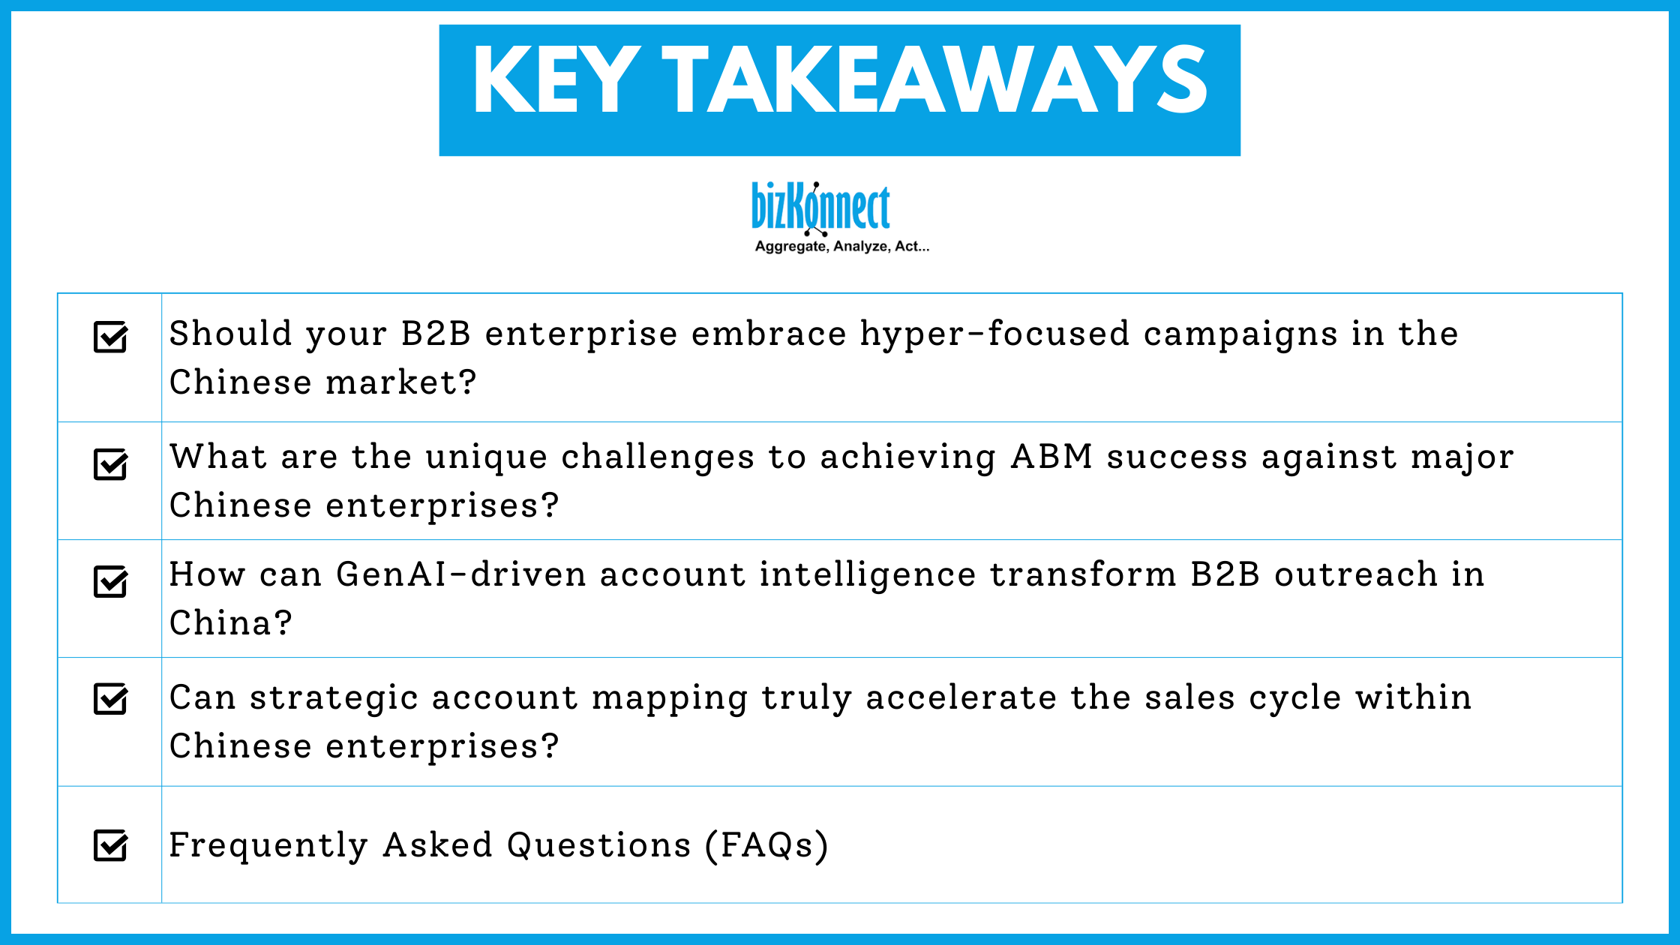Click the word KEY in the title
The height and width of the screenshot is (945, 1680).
(556, 80)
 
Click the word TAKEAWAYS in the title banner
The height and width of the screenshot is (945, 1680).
(934, 80)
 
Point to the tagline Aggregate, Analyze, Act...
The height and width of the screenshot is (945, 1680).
(841, 247)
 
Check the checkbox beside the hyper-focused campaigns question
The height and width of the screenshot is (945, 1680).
(110, 337)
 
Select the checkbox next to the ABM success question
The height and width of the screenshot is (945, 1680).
(110, 464)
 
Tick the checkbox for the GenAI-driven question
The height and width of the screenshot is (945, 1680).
(110, 582)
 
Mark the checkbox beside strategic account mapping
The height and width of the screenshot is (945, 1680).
(110, 699)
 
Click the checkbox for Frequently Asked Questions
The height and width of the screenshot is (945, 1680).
(110, 845)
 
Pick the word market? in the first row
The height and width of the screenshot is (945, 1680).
(401, 382)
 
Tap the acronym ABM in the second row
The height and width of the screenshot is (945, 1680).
(1051, 457)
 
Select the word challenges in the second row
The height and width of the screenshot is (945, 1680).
(658, 457)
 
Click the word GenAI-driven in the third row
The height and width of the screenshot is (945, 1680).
(460, 574)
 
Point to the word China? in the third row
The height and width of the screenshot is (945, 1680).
(230, 623)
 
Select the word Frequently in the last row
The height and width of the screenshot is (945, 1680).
(268, 845)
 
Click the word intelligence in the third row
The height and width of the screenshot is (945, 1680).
(867, 575)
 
